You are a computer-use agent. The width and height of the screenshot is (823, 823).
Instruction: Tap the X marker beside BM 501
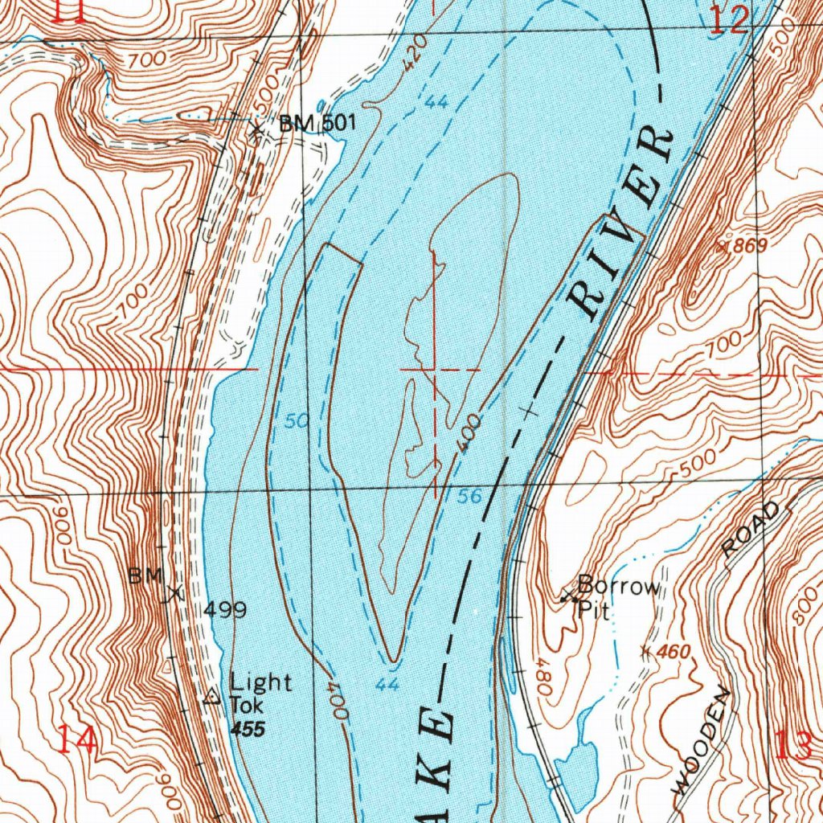(256, 129)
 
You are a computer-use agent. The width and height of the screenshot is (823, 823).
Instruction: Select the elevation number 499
(224, 610)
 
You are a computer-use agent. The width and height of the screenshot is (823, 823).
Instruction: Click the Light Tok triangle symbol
(211, 697)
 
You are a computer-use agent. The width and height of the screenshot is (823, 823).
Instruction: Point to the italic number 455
(245, 729)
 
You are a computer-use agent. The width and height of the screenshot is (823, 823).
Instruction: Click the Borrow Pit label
(617, 596)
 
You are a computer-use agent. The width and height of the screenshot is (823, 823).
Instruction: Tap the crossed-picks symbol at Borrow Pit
(569, 596)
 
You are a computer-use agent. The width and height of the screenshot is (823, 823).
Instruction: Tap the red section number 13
(794, 747)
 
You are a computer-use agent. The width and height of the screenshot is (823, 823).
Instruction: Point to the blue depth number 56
(470, 497)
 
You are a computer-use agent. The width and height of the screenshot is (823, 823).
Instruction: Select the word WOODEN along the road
(702, 740)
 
